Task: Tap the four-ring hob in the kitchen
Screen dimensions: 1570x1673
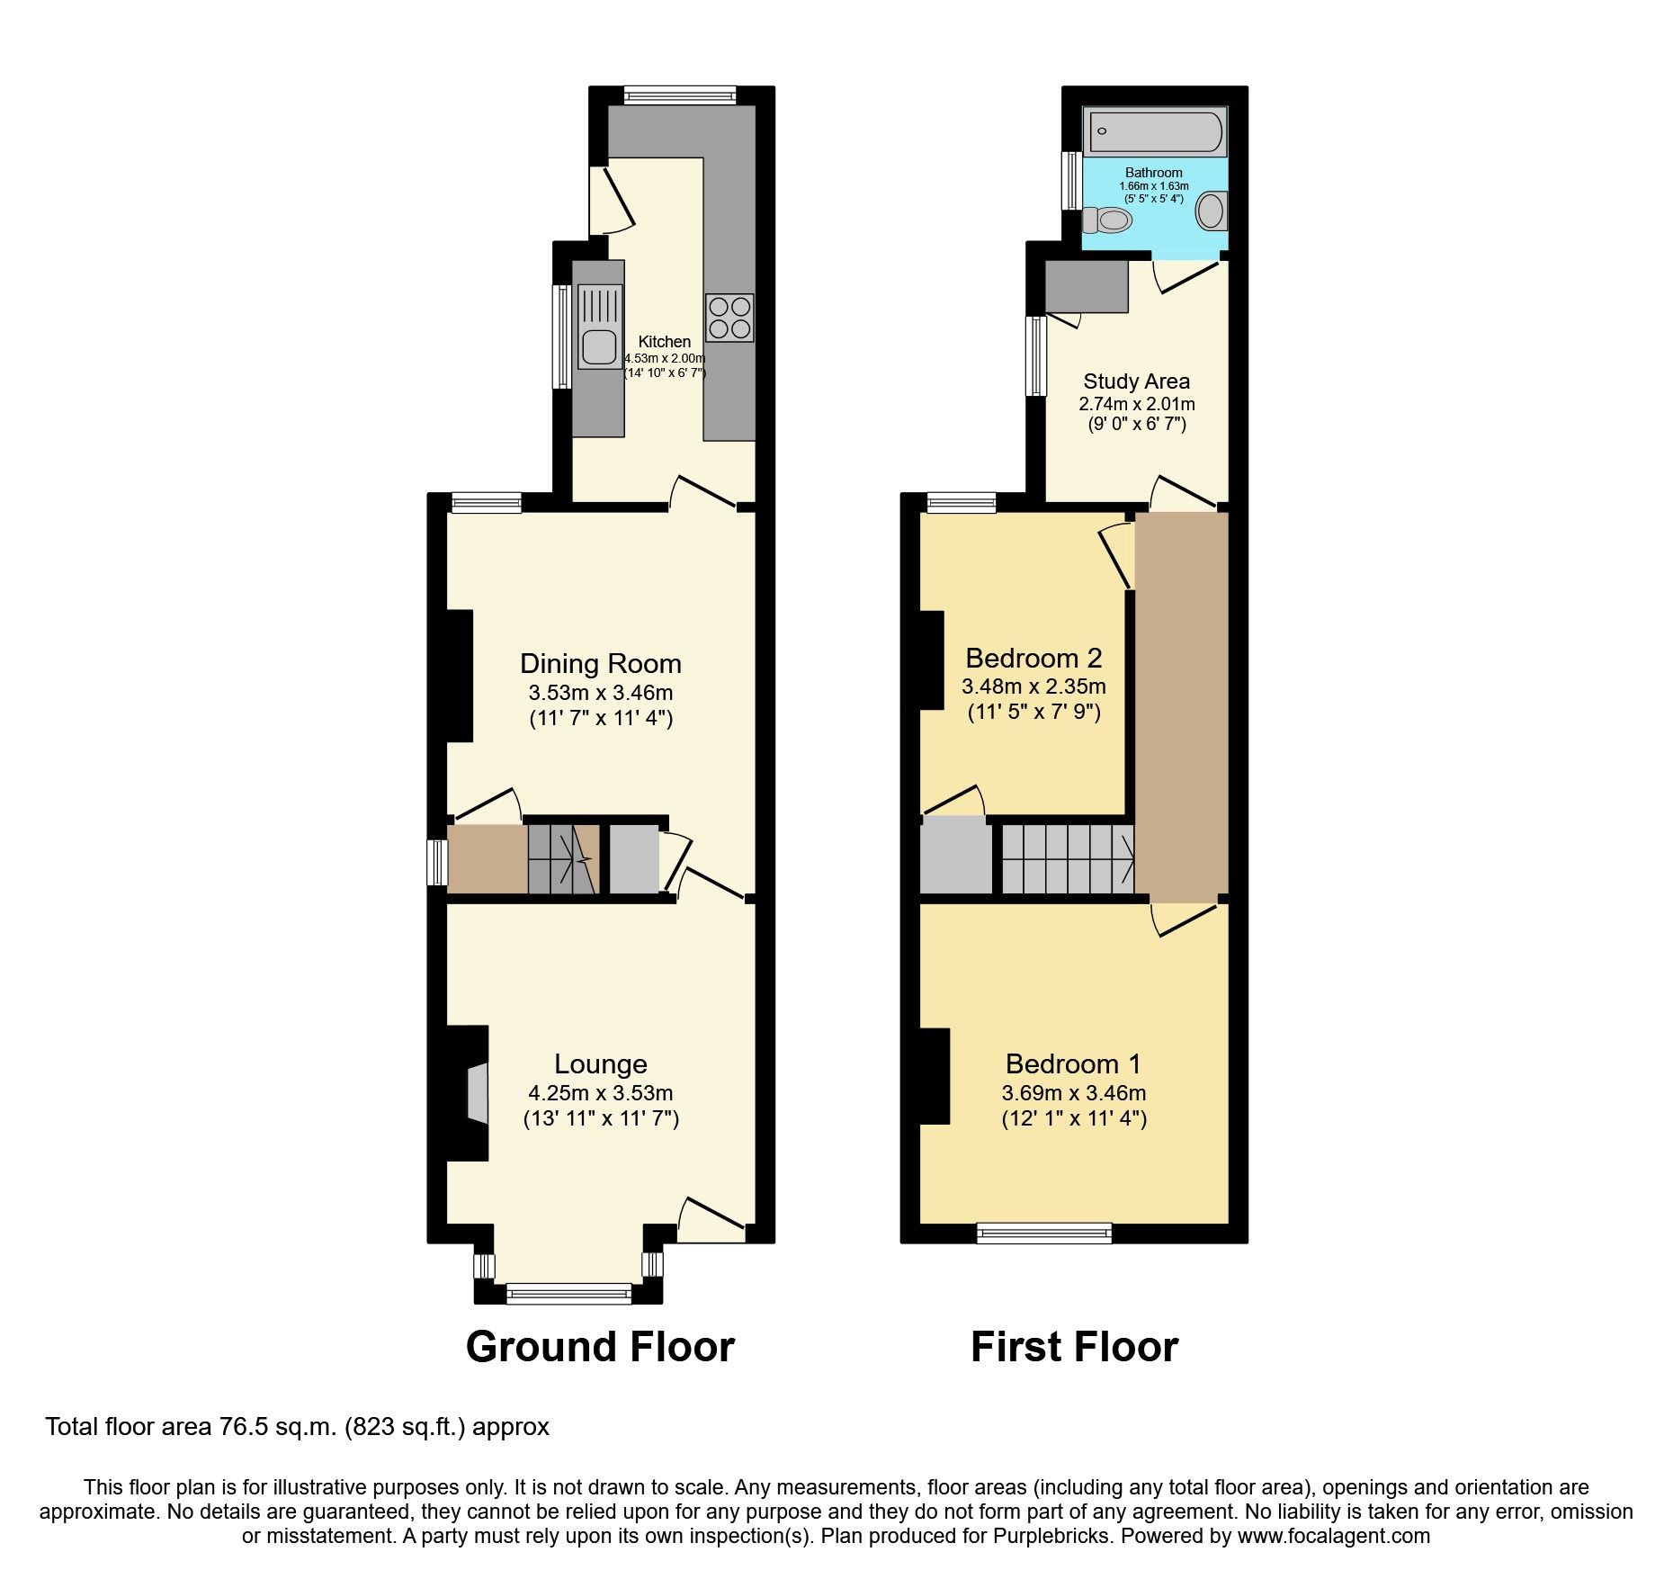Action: [729, 318]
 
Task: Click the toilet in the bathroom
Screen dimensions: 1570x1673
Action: [1107, 219]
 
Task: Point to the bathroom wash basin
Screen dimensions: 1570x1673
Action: [1211, 211]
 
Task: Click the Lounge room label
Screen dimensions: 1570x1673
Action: [600, 1064]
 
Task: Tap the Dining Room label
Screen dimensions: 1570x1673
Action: [600, 664]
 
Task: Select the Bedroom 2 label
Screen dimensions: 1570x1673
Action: [1033, 658]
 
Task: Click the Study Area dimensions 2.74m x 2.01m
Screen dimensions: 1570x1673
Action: [1136, 404]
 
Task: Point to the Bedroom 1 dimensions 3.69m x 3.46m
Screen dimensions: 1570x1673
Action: [1073, 1094]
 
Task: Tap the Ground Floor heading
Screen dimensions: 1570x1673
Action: [600, 1348]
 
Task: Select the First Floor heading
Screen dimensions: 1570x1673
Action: [1074, 1348]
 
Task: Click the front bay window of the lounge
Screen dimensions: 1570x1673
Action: [568, 1293]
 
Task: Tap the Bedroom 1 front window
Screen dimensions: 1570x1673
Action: [1044, 1232]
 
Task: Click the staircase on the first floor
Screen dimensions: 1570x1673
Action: [1068, 859]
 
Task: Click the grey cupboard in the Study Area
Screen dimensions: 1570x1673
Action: [1087, 287]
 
